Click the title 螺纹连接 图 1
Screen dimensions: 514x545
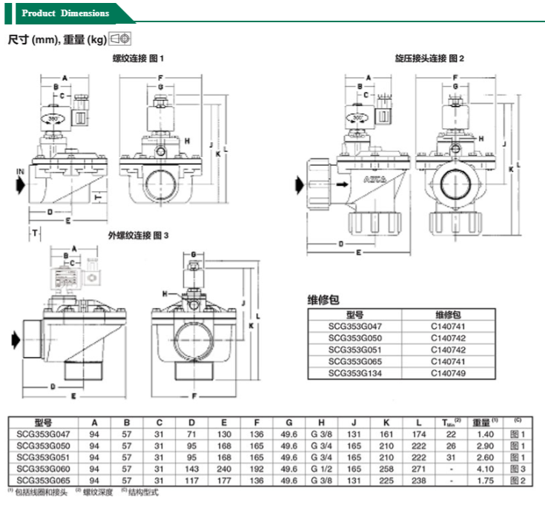coord(137,58)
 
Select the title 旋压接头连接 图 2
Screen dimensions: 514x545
coord(429,58)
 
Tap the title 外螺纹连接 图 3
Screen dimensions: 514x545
coord(138,235)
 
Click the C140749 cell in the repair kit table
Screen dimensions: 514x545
coord(451,372)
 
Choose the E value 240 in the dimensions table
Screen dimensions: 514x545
coord(224,469)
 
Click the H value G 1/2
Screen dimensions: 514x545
coord(322,469)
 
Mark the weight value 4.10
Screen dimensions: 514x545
coord(486,469)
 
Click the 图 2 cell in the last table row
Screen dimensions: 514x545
coord(518,481)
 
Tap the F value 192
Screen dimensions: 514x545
coord(257,469)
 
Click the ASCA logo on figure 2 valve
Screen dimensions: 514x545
coord(374,181)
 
